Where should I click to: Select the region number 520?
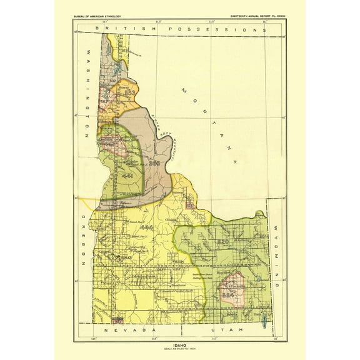[223, 241]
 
